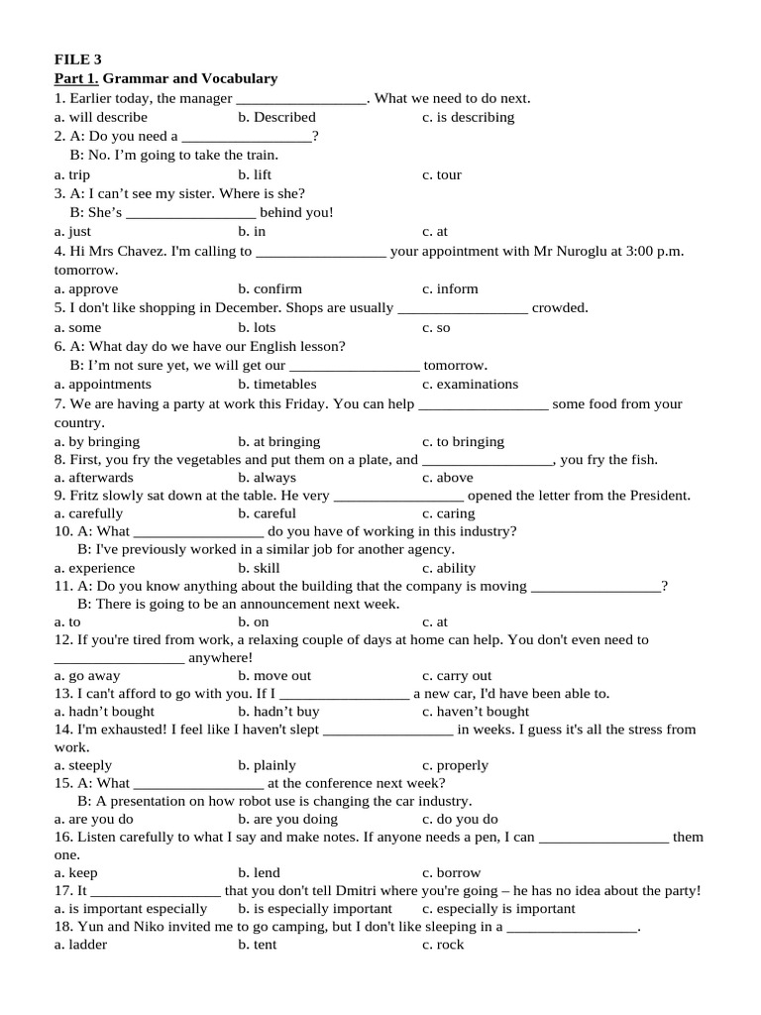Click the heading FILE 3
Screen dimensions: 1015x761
[x=77, y=59]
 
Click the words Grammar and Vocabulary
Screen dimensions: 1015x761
[x=190, y=78]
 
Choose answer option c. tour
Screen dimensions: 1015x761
[x=441, y=174]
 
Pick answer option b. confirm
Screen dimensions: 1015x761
[x=270, y=288]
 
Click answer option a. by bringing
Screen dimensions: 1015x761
[x=97, y=441]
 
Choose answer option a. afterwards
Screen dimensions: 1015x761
[x=94, y=477]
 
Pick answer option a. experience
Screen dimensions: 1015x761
[x=95, y=568]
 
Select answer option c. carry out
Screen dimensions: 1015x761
[x=457, y=675]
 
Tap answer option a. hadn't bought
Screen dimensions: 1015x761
[x=105, y=711]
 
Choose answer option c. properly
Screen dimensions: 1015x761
[x=455, y=764]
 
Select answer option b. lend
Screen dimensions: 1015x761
[x=259, y=873]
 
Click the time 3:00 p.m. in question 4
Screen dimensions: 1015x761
[x=655, y=251]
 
